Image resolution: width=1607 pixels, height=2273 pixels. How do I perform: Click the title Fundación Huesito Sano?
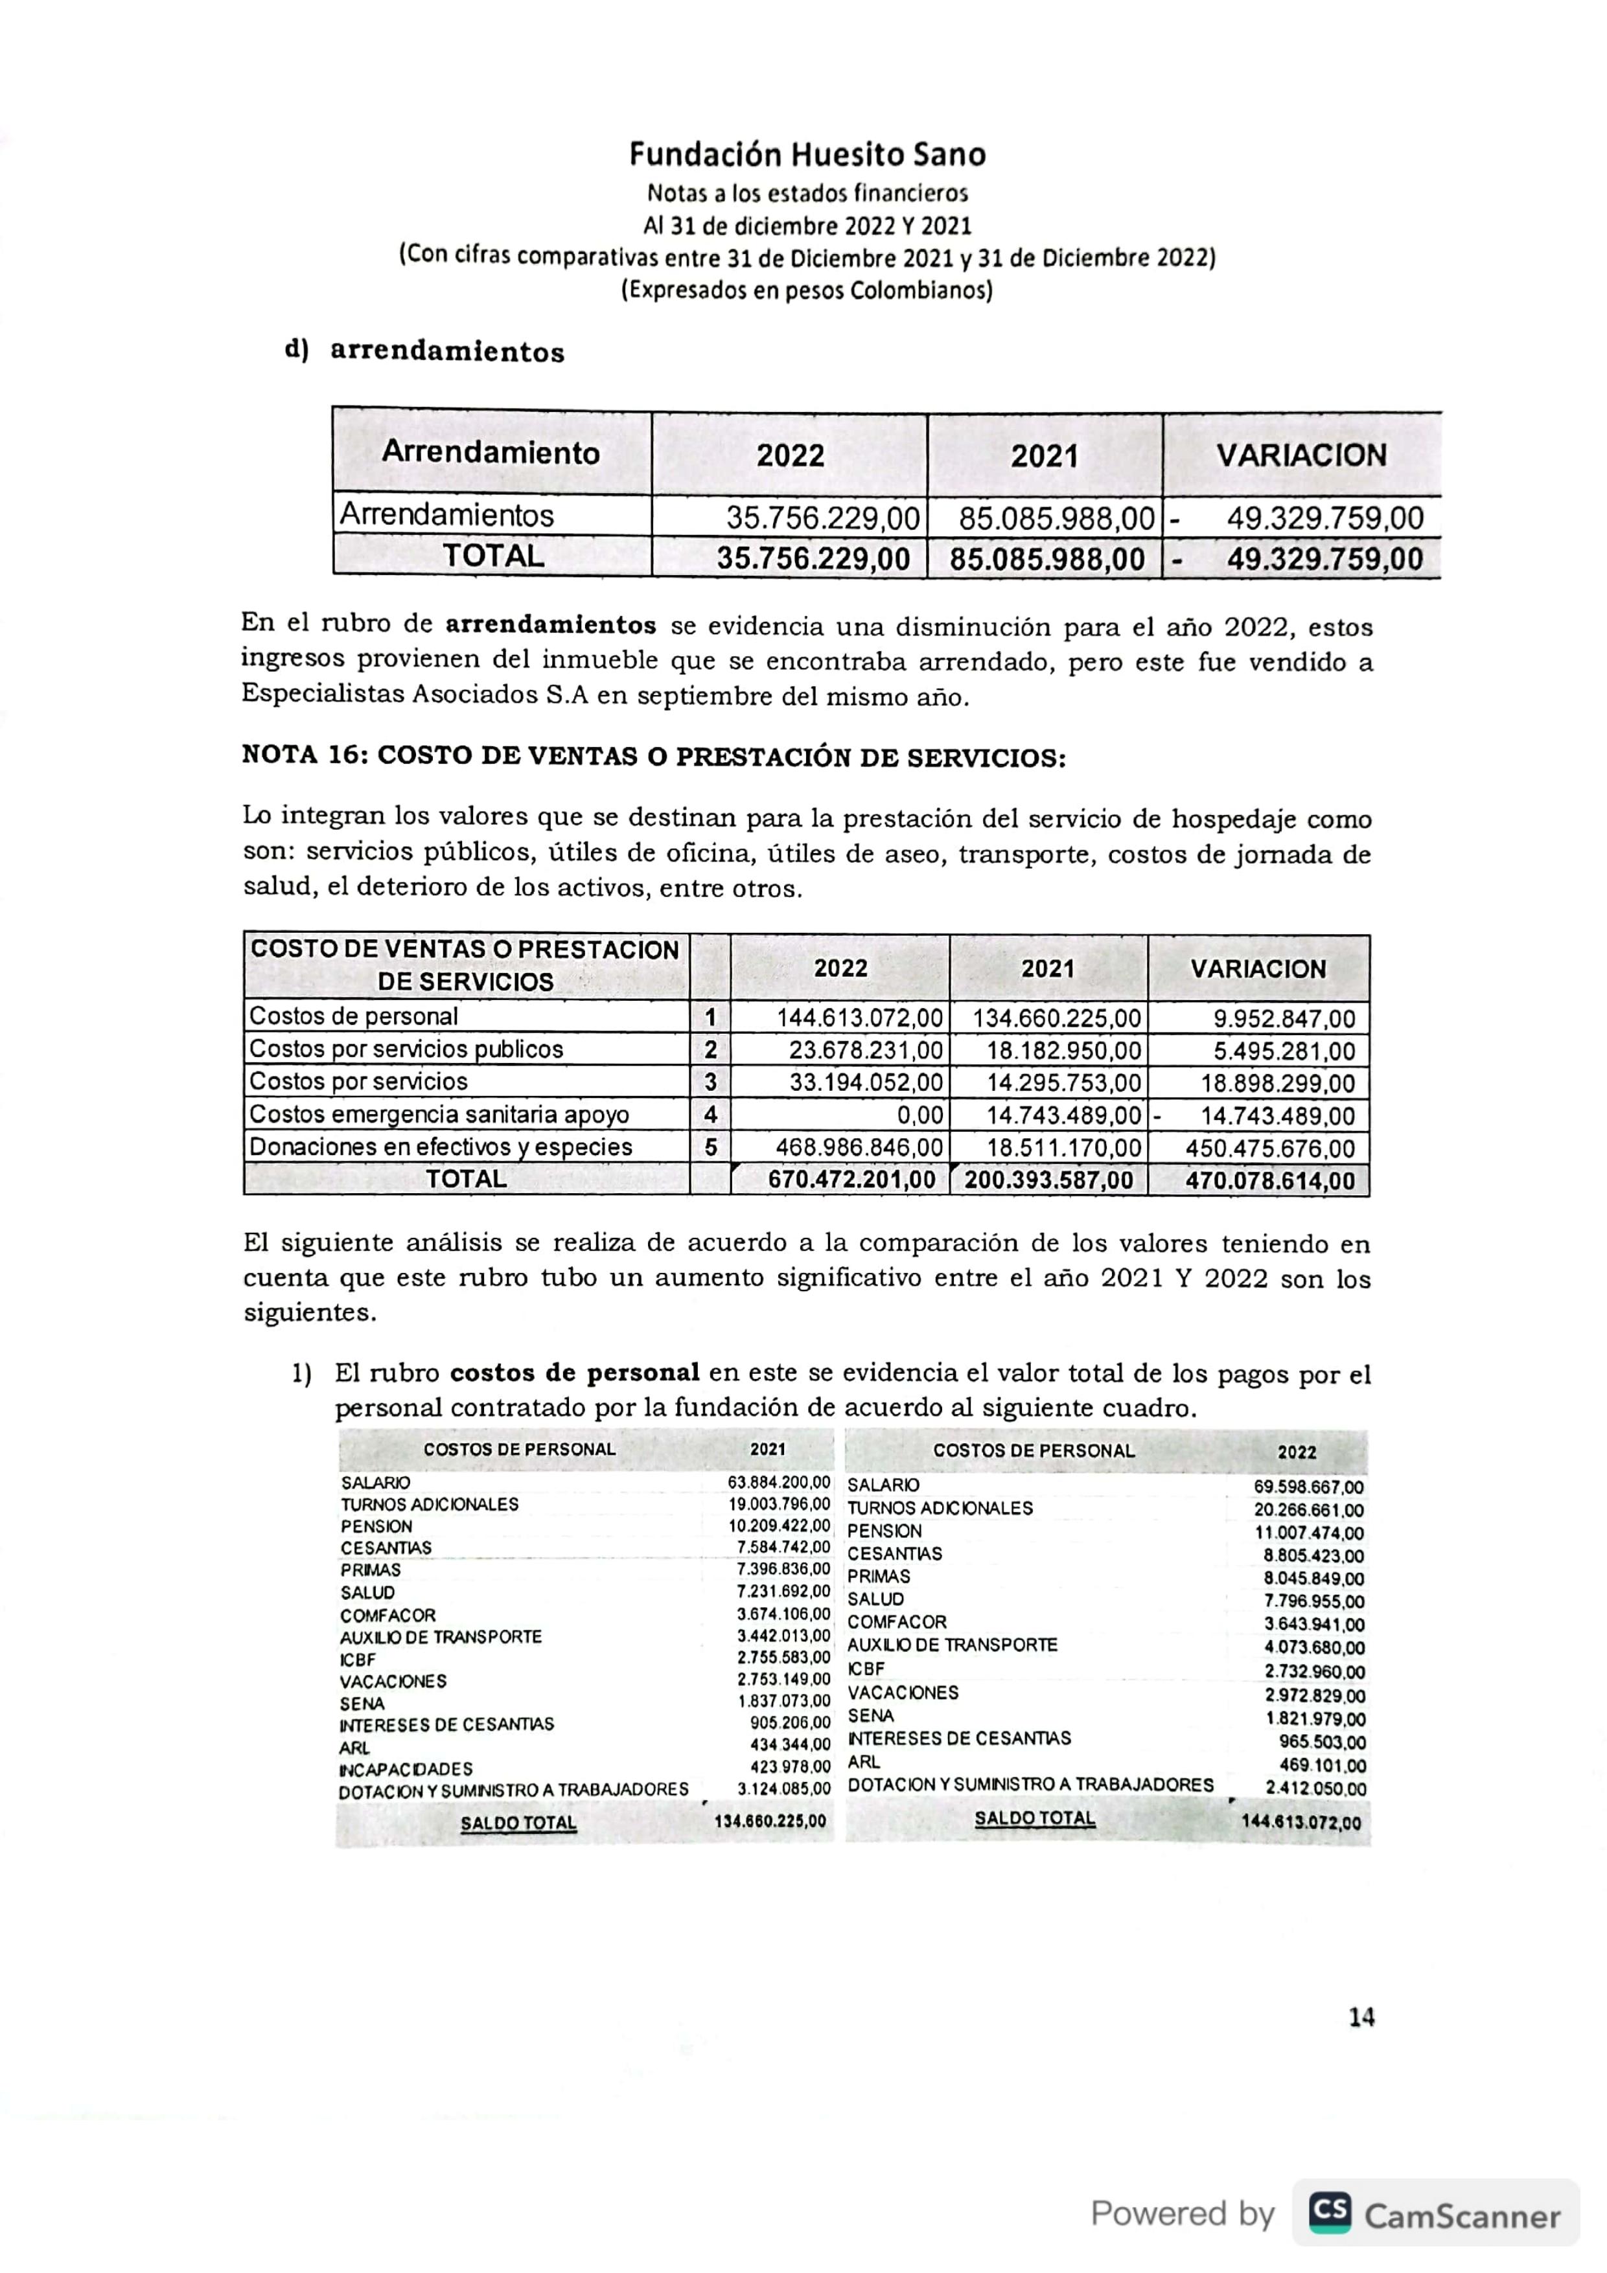(x=807, y=154)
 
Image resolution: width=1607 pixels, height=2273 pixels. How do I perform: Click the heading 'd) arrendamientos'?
(x=425, y=352)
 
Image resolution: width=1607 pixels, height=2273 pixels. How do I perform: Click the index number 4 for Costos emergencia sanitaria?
(x=710, y=1115)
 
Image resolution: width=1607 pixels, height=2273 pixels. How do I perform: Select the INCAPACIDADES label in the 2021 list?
(x=406, y=1768)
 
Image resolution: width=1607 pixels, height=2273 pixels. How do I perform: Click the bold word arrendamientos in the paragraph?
(x=551, y=626)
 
